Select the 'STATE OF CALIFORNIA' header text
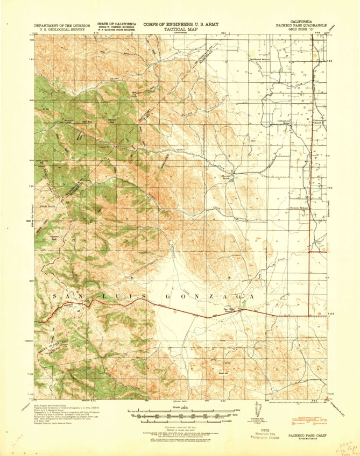(x=116, y=24)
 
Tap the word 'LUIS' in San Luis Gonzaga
(x=111, y=296)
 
